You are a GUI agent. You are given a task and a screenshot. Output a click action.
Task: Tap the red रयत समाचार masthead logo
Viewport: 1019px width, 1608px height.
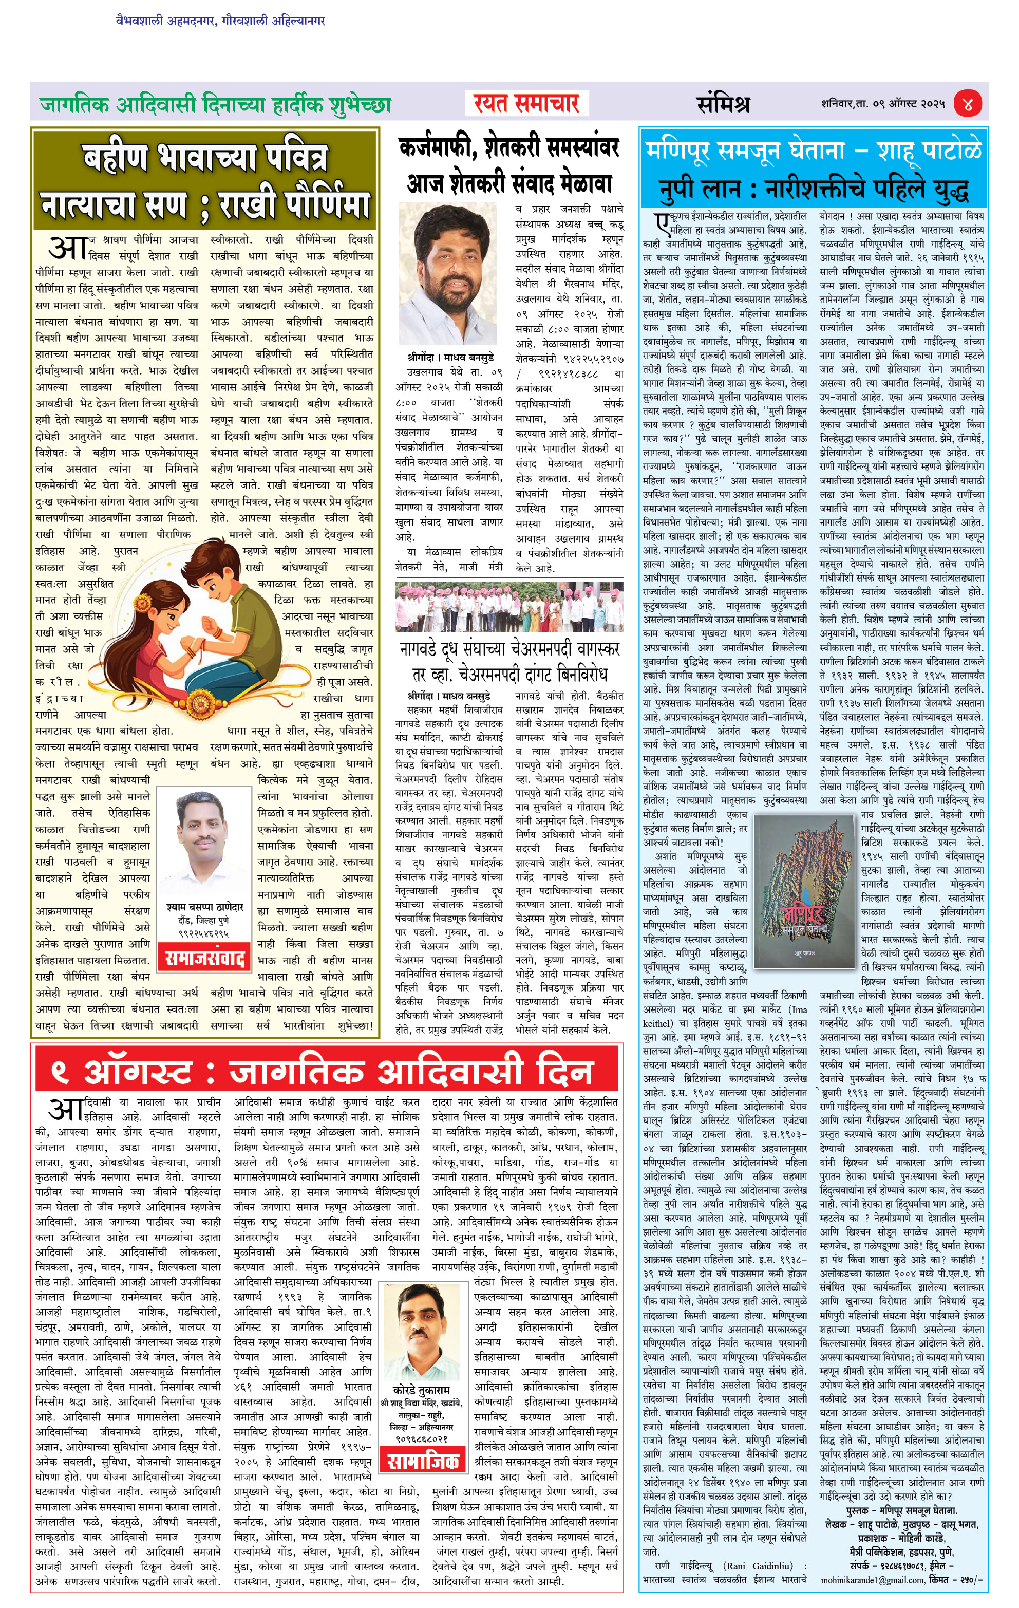[526, 103]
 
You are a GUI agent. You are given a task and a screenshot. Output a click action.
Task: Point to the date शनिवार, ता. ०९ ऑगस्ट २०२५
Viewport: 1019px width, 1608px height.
[883, 104]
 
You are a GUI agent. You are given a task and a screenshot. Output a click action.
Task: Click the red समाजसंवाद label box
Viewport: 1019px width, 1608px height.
[205, 959]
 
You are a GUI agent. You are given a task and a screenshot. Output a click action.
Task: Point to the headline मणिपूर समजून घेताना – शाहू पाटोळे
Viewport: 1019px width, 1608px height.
[814, 150]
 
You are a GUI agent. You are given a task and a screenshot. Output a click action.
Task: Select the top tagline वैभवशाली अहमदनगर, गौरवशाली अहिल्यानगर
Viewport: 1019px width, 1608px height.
[220, 21]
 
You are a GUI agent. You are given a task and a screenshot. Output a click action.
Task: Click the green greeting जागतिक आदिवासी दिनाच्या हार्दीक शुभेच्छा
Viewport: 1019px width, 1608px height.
[215, 105]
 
